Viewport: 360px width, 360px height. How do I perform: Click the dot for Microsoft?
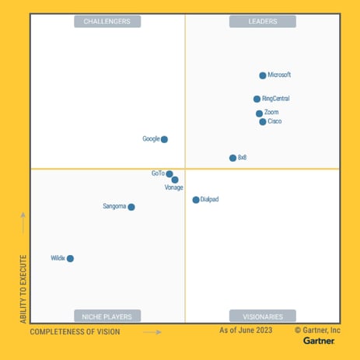click(263, 75)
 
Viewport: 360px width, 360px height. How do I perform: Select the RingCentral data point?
click(257, 99)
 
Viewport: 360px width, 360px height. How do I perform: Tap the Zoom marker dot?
click(259, 114)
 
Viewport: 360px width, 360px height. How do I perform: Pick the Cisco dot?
click(263, 122)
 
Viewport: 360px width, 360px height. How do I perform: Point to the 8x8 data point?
click(232, 158)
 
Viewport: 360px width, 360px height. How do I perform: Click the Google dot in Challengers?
click(164, 139)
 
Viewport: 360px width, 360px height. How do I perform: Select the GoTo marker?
click(170, 174)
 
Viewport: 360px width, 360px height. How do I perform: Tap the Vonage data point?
click(175, 180)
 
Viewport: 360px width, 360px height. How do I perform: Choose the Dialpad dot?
click(196, 200)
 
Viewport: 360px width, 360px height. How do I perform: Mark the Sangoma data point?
click(131, 207)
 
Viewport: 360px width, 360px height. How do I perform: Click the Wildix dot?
click(70, 258)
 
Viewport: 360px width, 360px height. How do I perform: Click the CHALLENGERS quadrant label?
click(107, 22)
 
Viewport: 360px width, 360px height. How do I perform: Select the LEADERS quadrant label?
click(263, 22)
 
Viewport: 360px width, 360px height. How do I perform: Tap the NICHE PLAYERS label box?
click(107, 316)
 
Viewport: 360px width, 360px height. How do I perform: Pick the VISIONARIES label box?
click(263, 316)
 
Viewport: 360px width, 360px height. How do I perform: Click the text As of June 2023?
click(246, 330)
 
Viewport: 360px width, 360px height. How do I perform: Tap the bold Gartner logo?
click(319, 341)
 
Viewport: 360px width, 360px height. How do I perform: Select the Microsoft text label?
click(279, 75)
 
